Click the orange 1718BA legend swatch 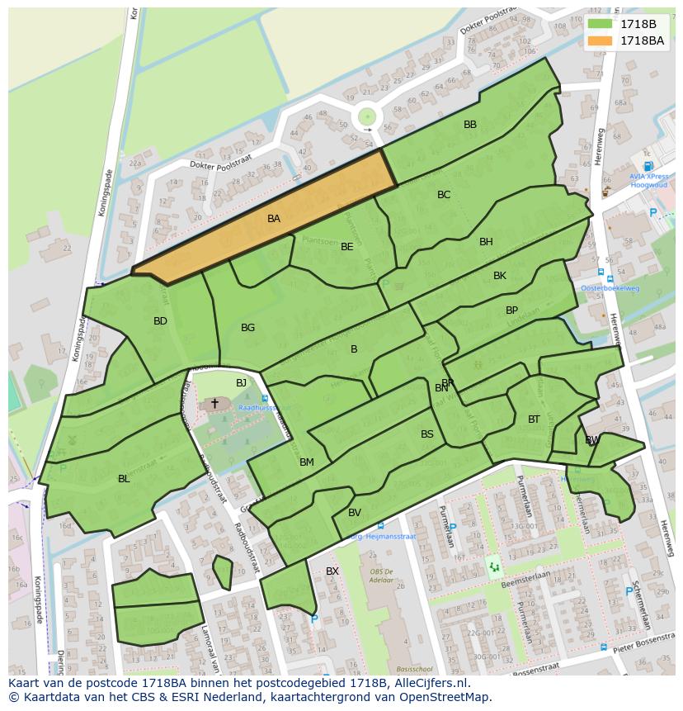(x=600, y=40)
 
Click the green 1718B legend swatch (x=600, y=24)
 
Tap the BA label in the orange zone (x=274, y=219)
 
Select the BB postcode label (x=470, y=125)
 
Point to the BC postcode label (x=444, y=195)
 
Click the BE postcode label (x=347, y=246)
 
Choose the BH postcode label (x=486, y=242)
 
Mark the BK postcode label (x=500, y=276)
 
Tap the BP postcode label (x=512, y=310)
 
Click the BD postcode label (x=160, y=321)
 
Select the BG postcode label (x=247, y=328)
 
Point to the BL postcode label (x=124, y=479)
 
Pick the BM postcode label (x=307, y=462)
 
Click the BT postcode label (x=534, y=419)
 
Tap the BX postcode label (x=332, y=571)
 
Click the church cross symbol (x=215, y=403)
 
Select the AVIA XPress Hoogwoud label (x=649, y=181)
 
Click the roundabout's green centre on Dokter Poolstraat (x=367, y=117)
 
